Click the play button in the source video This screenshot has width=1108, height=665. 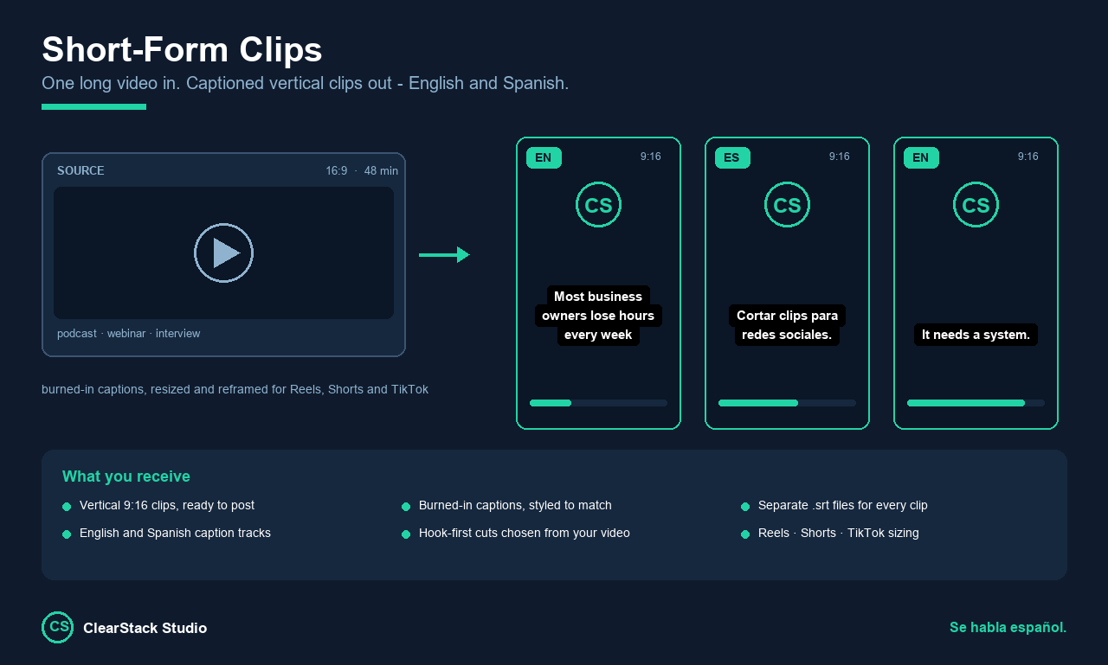coord(223,253)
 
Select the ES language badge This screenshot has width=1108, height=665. coord(732,157)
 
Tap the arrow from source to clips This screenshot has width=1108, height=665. coord(444,255)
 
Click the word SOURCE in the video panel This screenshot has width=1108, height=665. coord(81,171)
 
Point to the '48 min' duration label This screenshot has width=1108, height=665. coord(381,171)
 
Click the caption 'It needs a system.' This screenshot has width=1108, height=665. coord(976,335)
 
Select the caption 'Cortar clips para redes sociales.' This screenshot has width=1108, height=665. coord(787,325)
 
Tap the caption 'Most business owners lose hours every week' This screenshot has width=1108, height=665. coord(598,316)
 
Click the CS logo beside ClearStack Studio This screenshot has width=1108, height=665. coord(57,628)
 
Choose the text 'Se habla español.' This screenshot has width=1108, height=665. coord(1008,628)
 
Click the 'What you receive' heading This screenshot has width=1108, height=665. coord(126,476)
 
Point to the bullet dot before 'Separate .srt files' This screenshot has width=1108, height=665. coord(745,507)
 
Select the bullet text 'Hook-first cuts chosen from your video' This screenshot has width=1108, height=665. coord(525,533)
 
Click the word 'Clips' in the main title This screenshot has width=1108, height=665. coord(280,50)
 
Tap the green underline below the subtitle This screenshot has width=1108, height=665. coord(94,106)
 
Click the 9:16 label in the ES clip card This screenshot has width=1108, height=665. coord(839,157)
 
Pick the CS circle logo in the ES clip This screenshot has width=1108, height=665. coord(787,205)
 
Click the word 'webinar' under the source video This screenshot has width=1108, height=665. coord(126,334)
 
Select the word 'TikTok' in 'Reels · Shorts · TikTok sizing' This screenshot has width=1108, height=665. coord(866,533)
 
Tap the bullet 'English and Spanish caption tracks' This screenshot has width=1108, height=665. coord(175,533)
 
